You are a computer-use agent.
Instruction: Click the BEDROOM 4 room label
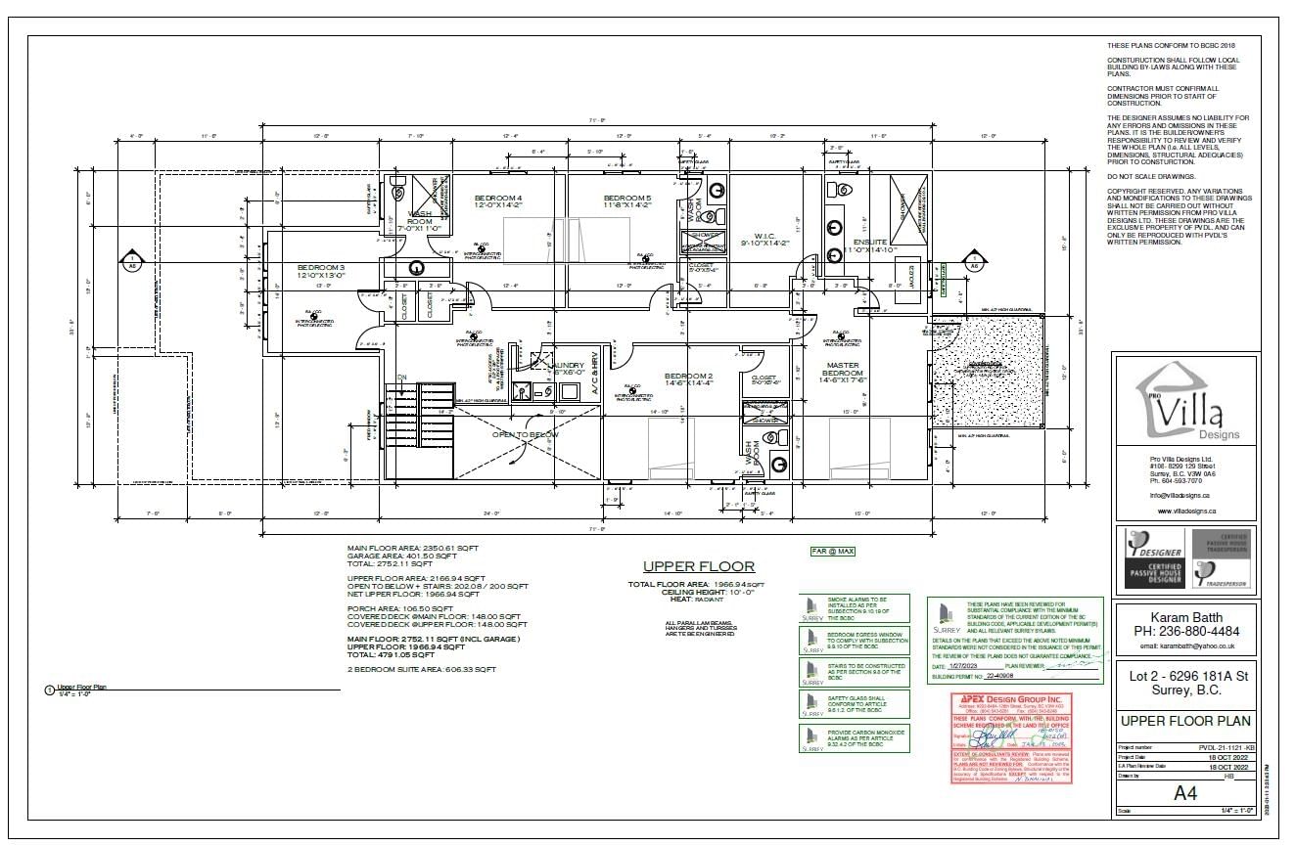[x=498, y=199]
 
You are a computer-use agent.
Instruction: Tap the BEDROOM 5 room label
[x=626, y=199]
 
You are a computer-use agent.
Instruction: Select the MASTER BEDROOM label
[x=842, y=371]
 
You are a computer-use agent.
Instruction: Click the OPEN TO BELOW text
[x=525, y=434]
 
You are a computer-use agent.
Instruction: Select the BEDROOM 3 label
[x=321, y=267]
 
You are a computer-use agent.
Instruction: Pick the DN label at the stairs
[x=401, y=378]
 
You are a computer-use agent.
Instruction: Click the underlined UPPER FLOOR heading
[x=698, y=566]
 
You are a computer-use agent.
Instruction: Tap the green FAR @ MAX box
[x=832, y=552]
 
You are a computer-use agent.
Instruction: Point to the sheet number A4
[x=1184, y=794]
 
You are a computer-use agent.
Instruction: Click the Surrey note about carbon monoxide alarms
[x=855, y=739]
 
